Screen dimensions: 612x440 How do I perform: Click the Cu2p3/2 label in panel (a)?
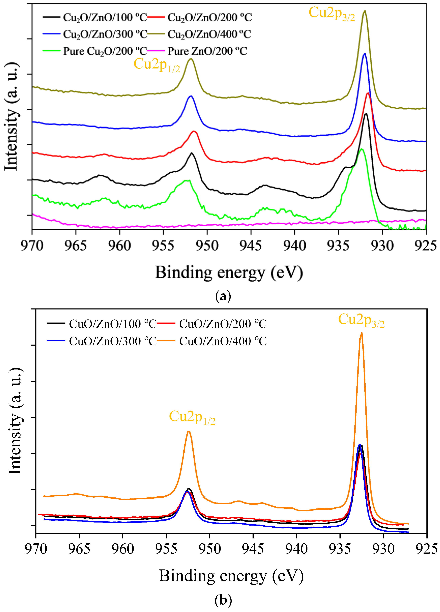point(332,14)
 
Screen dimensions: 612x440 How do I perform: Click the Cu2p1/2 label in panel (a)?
point(157,65)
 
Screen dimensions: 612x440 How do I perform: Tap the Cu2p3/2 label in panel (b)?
point(361,320)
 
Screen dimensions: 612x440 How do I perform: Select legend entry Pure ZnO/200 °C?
point(207,51)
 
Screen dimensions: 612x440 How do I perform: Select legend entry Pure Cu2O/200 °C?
point(105,51)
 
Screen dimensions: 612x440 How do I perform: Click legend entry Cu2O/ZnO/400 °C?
point(209,34)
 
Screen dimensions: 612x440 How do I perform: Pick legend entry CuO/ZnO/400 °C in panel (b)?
point(223,341)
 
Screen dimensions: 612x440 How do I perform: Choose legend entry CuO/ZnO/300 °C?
point(113,341)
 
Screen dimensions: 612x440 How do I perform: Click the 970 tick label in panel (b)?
point(36,549)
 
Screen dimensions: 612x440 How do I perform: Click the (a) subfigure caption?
point(223,296)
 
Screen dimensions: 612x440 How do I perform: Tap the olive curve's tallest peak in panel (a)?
point(365,11)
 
